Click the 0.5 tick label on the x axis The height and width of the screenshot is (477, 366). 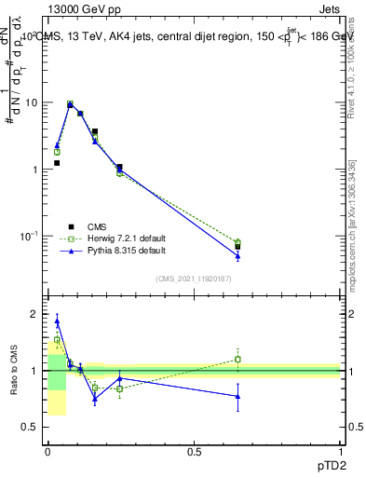pos(194,451)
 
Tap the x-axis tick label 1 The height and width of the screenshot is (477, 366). pos(340,451)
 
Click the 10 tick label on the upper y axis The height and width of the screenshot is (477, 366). pos(31,102)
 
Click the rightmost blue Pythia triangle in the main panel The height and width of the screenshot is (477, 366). pos(237,256)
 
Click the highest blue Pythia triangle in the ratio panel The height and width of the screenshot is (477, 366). pos(57,321)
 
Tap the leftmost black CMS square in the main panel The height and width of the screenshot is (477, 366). pos(57,163)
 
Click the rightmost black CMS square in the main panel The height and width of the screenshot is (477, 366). pos(237,247)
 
